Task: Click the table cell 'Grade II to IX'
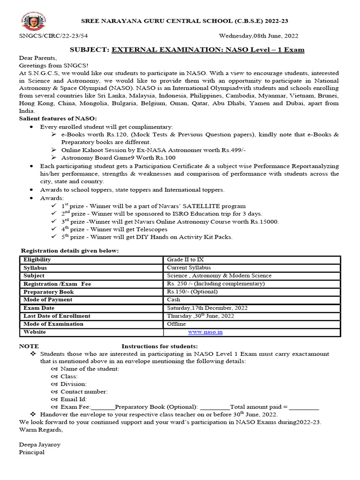point(185,260)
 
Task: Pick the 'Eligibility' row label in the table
point(37,260)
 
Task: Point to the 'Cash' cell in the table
point(173,300)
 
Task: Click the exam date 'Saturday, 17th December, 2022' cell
point(207,308)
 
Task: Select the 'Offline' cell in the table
point(176,324)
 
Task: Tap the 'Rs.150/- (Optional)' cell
point(192,292)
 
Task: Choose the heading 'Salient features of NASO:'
point(58,119)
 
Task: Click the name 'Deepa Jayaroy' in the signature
point(39,444)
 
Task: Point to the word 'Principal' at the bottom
point(31,452)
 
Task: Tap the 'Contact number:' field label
point(84,391)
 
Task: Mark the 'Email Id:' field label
point(74,399)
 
